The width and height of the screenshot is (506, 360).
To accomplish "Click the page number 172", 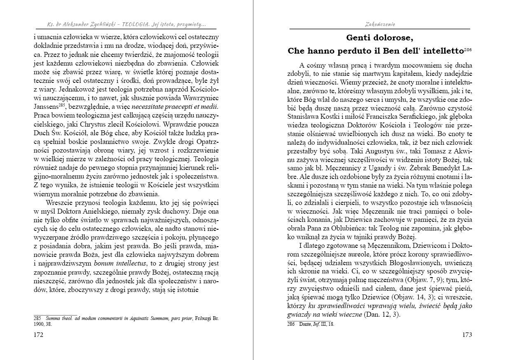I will tap(38, 334).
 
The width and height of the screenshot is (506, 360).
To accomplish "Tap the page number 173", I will tap(467, 334).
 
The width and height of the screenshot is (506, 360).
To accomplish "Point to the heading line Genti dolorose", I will tap(379, 38).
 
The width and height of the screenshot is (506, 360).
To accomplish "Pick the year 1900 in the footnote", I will tap(38, 324).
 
